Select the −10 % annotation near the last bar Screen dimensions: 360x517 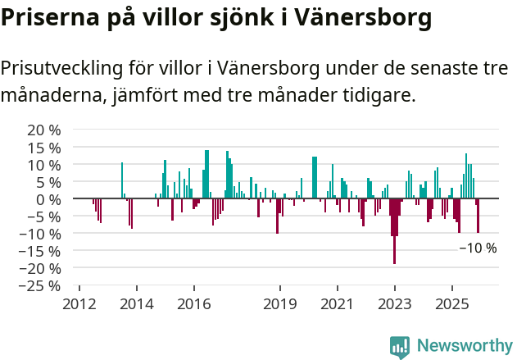tap(478, 248)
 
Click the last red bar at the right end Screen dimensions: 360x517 tap(478, 216)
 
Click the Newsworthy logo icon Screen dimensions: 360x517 tap(400, 347)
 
